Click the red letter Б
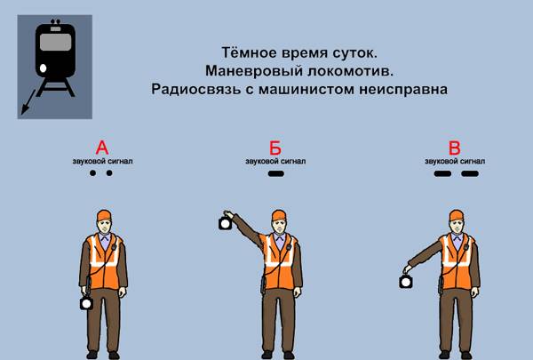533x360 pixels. (276, 148)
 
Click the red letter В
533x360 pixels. (455, 148)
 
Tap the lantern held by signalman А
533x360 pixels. (86, 302)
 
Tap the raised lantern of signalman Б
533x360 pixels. (225, 223)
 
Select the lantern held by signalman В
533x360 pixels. (405, 282)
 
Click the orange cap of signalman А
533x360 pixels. (105, 215)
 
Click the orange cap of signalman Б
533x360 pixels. (279, 215)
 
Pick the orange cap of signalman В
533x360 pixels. (457, 215)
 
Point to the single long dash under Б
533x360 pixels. (276, 174)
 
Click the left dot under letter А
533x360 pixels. (91, 173)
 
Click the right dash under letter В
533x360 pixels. (469, 174)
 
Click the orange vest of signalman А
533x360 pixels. (105, 262)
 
